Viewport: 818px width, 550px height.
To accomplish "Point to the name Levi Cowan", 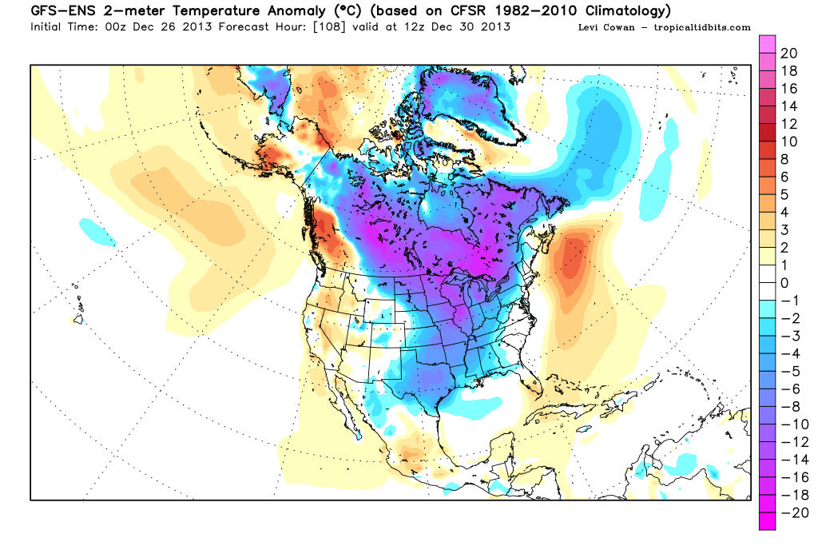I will coord(603,27).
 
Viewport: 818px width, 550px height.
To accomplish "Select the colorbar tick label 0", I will coord(784,283).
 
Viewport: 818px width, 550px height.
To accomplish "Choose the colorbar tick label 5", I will coord(784,194).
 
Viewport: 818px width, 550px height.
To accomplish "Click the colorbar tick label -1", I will coord(787,301).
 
